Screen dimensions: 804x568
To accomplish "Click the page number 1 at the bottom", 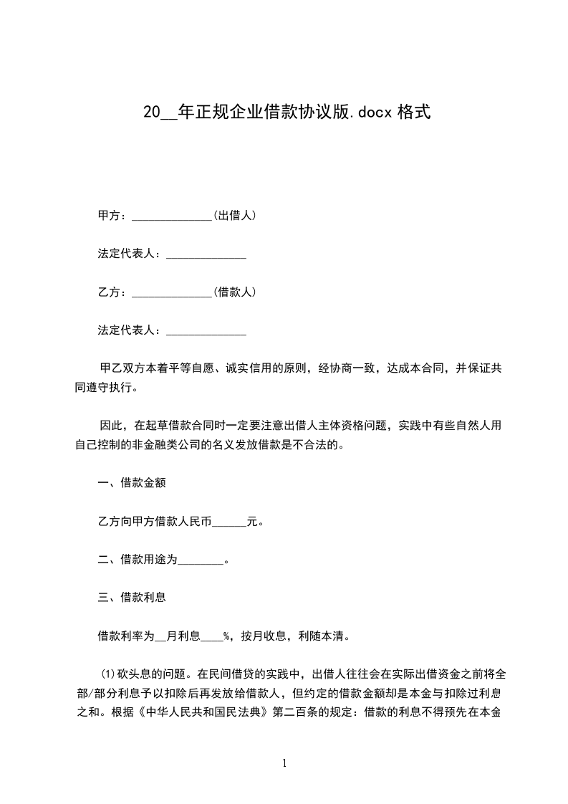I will tap(284, 764).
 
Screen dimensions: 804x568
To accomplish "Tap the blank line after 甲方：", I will tap(172, 216).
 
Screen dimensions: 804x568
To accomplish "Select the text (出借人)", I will tap(235, 215).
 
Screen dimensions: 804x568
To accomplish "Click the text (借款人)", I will tap(235, 292).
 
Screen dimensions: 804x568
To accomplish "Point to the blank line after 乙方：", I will tap(172, 292).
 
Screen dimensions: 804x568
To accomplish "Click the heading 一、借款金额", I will tap(132, 483).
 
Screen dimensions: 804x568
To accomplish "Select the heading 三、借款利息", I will tap(132, 597).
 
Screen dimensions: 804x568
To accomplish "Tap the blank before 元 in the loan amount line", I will tap(229, 522).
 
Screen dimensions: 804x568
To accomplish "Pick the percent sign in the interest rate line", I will tap(226, 636).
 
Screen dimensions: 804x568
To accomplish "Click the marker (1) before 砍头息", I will tap(108, 674).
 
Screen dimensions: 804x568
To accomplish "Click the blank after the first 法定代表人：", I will tap(206, 254).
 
